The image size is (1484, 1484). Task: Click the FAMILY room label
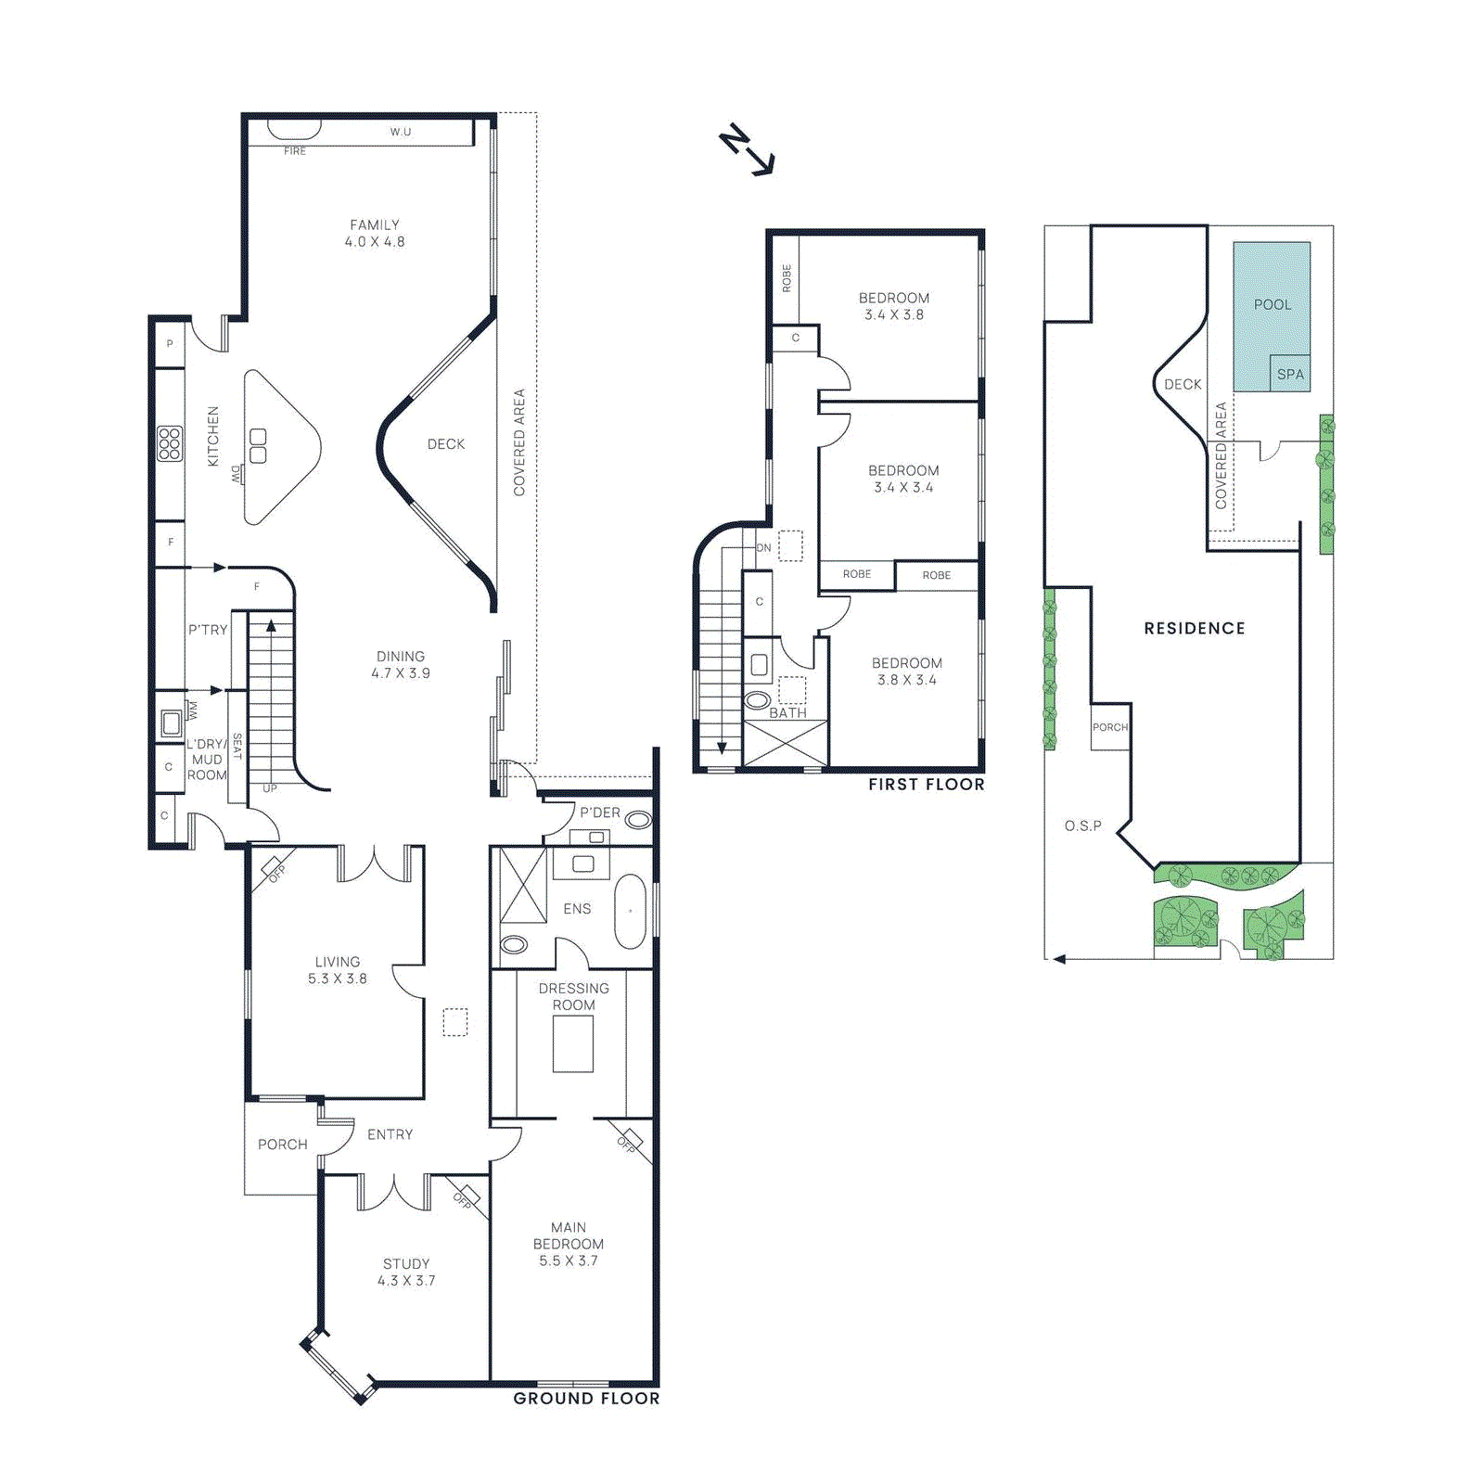(x=375, y=224)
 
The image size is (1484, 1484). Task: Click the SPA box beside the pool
(x=1290, y=374)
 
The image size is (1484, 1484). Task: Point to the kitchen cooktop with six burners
(x=170, y=443)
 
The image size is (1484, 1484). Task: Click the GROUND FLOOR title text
(x=586, y=1398)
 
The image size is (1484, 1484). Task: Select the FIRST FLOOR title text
(x=926, y=784)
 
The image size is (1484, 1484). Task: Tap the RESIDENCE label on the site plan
(x=1195, y=628)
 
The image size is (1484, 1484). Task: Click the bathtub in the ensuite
(x=631, y=911)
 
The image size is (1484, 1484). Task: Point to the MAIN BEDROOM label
(x=569, y=1235)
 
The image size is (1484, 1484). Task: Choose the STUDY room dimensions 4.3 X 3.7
(x=406, y=1280)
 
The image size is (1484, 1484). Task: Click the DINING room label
(x=401, y=656)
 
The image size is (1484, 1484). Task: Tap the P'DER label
(x=600, y=812)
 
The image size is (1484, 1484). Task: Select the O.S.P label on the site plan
(x=1083, y=825)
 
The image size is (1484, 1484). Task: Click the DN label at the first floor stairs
(x=763, y=547)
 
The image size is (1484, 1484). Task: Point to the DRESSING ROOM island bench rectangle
(x=573, y=1043)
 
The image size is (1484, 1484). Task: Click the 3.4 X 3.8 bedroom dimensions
(x=894, y=314)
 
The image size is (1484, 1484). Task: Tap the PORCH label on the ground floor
(x=283, y=1144)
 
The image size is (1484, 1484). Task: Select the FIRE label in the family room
(x=295, y=150)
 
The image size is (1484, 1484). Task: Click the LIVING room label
(x=338, y=962)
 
